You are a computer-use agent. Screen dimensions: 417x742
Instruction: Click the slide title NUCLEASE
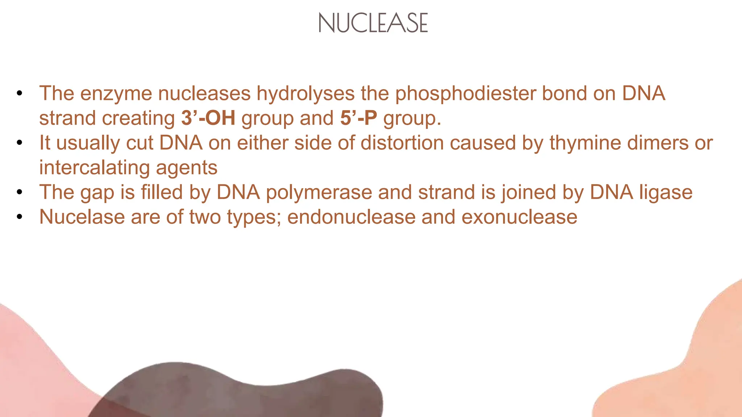373,23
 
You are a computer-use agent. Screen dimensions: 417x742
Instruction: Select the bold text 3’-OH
208,118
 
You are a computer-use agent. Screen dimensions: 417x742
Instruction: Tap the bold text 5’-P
358,118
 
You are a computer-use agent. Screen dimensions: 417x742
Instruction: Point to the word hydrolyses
305,93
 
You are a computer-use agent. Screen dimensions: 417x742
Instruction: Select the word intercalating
94,167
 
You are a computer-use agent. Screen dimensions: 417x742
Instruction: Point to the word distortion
402,143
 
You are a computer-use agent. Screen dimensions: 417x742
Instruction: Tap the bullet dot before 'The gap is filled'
20,192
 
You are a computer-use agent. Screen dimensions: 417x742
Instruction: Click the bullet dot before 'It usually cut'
20,143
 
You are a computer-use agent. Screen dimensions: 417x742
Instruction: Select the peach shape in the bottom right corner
688,380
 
